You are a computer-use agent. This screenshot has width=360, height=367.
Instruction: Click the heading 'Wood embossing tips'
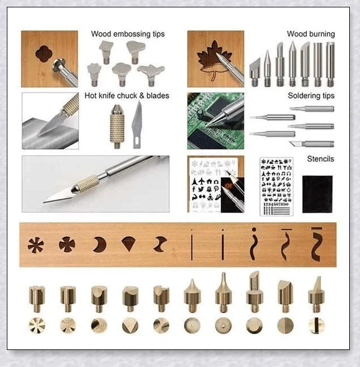point(128,34)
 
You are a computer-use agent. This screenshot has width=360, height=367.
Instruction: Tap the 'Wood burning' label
point(311,34)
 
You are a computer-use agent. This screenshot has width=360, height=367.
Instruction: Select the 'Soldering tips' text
point(311,96)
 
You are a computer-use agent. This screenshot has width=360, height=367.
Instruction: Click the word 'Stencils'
point(320,159)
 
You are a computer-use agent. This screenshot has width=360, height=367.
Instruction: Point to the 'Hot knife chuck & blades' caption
point(127,95)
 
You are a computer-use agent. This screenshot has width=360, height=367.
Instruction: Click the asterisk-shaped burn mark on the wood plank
point(36,245)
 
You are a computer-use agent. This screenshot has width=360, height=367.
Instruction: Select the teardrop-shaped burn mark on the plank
point(128,244)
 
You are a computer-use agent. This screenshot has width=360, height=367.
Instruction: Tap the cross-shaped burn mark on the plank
point(67,244)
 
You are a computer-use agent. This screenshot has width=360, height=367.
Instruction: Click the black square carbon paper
point(317,194)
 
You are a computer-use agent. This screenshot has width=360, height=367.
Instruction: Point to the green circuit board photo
point(215,121)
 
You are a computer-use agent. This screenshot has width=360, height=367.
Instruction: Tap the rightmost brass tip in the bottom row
point(316,295)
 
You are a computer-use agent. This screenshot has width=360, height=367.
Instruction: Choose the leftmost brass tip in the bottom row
point(37,295)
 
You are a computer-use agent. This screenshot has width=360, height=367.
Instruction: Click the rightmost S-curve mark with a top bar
point(316,245)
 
